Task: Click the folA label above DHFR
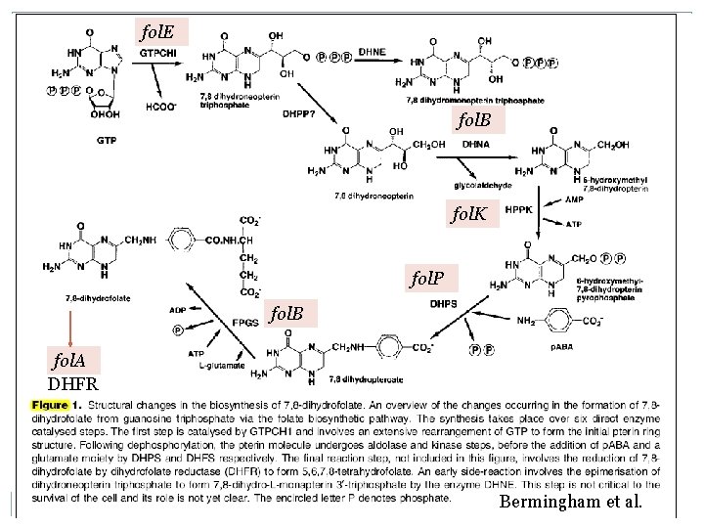[66, 361]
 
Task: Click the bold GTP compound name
[108, 140]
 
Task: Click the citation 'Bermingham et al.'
[571, 503]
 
